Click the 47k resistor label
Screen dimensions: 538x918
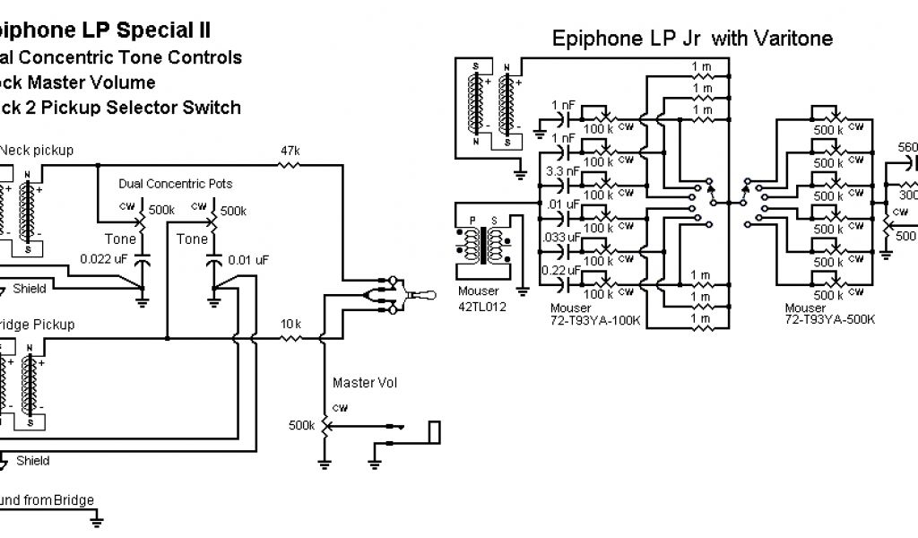coord(290,151)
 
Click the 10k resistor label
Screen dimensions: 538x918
coord(290,323)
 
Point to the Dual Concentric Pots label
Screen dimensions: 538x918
coord(176,184)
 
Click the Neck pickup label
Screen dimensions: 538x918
coord(37,150)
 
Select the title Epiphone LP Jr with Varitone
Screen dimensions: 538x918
coord(692,39)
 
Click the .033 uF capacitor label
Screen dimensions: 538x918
coord(560,238)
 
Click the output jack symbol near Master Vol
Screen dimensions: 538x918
coord(435,430)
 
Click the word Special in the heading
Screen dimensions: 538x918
coord(161,30)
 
